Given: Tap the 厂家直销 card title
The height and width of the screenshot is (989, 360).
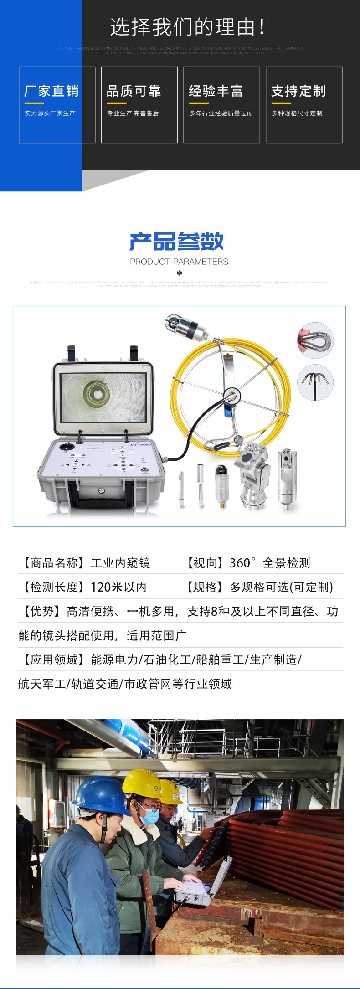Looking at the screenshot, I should [51, 91].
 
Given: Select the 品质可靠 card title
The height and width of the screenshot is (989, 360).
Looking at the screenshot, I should [134, 91].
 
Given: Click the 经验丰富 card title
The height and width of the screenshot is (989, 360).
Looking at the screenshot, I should [216, 91].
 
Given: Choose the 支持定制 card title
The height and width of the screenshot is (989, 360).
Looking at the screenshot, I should [298, 91].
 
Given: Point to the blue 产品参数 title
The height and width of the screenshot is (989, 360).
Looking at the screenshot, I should [177, 242].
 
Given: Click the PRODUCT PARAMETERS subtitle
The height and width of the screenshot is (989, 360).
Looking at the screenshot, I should [179, 262].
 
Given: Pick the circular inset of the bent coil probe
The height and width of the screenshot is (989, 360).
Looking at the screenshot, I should [315, 340].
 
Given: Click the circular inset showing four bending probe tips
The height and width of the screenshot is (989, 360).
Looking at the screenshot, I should [315, 382].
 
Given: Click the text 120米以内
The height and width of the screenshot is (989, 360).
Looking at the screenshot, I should [118, 587].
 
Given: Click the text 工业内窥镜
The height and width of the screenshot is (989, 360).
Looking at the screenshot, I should [120, 563].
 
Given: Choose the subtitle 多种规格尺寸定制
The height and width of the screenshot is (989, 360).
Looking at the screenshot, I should [297, 113].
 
